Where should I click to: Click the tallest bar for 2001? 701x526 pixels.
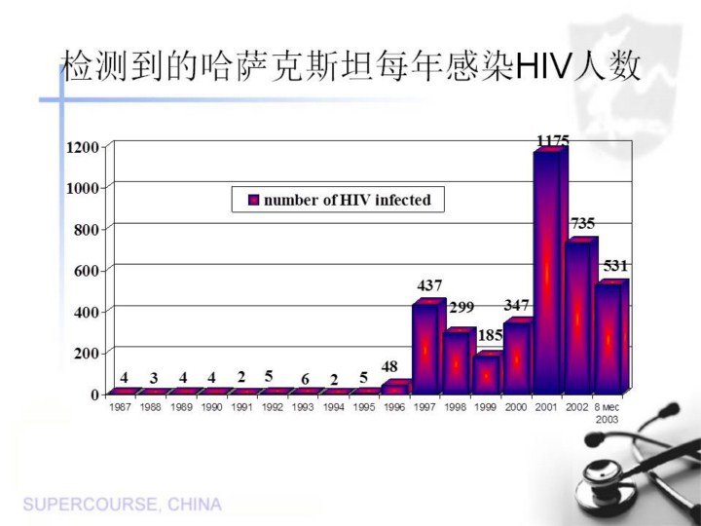click(x=547, y=273)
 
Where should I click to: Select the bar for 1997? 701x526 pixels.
click(x=426, y=346)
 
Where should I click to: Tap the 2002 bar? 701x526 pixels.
click(x=579, y=317)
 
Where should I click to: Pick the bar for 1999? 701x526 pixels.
click(x=486, y=373)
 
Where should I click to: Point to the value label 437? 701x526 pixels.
click(x=429, y=286)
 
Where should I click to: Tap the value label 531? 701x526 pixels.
click(x=615, y=265)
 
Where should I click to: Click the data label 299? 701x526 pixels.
click(x=461, y=307)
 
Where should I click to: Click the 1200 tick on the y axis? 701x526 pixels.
click(x=83, y=147)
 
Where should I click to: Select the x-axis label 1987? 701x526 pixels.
click(x=122, y=408)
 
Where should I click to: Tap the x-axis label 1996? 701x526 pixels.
click(x=394, y=408)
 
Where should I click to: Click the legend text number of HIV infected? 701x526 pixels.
click(x=347, y=201)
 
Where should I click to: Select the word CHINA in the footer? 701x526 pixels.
click(x=195, y=505)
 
